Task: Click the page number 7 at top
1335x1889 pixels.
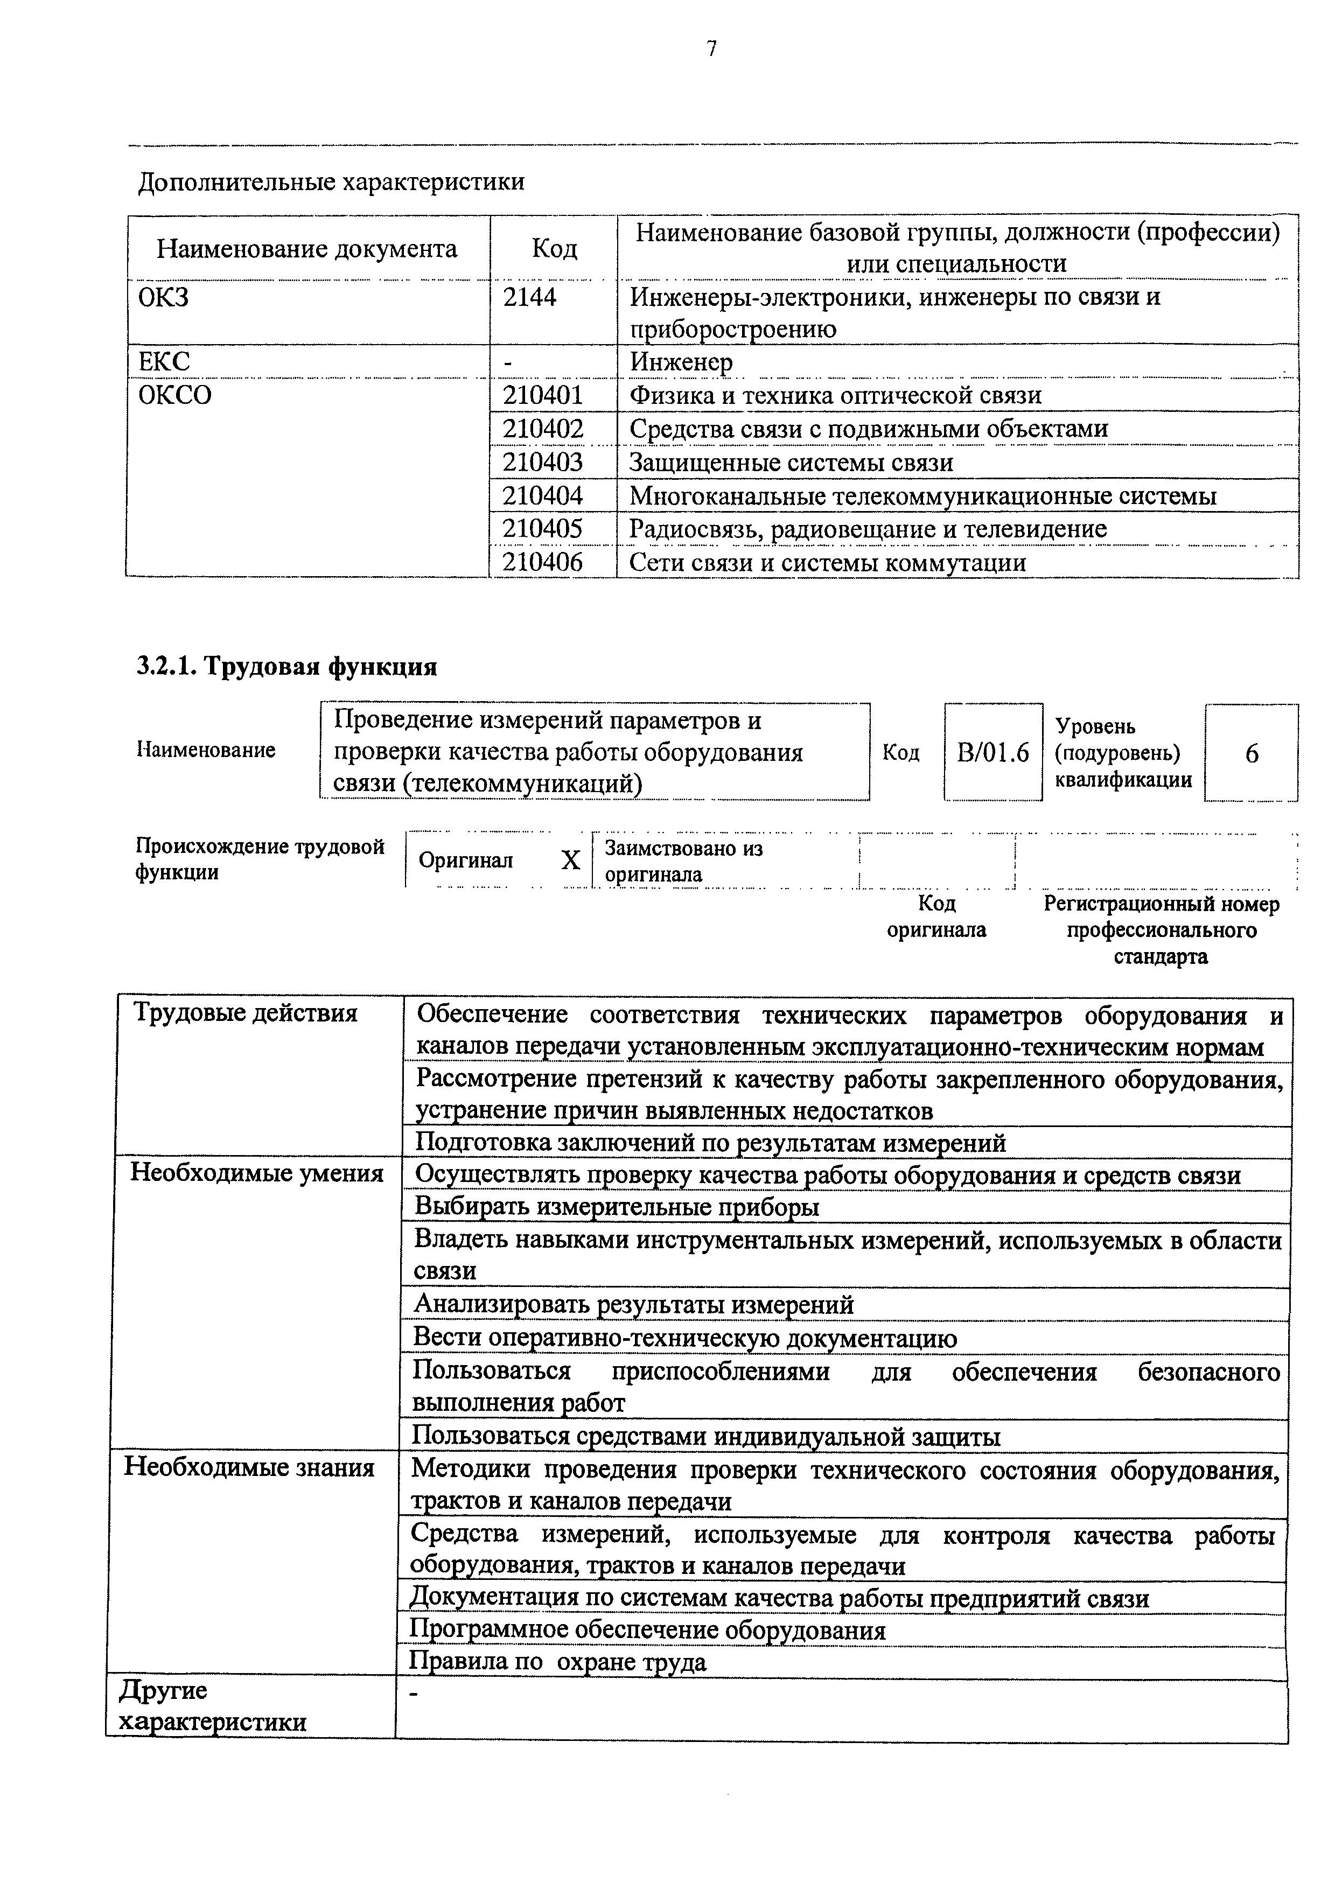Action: [x=711, y=50]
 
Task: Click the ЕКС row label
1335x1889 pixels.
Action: [x=164, y=361]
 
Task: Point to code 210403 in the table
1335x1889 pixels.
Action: [x=543, y=463]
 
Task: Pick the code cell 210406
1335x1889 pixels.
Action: [x=543, y=563]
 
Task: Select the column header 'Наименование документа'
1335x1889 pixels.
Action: [x=307, y=248]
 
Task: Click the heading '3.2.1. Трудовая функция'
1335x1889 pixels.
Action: [x=286, y=667]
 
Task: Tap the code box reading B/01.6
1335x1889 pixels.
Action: [x=993, y=753]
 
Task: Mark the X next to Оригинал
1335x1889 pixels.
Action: [x=570, y=860]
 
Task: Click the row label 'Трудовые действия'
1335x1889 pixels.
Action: [x=246, y=1013]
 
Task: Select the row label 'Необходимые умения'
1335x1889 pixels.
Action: [x=257, y=1173]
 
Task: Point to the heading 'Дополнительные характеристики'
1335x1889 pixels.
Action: [x=331, y=181]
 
